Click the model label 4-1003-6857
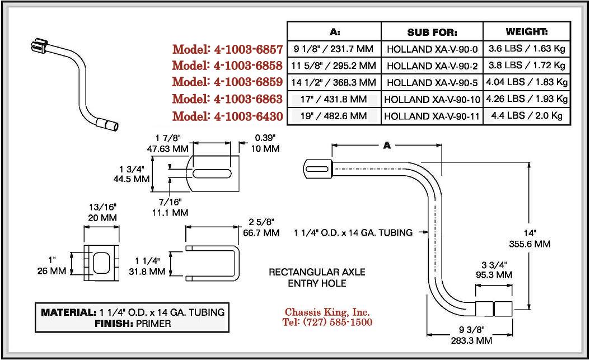(x=227, y=48)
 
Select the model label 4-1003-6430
(x=227, y=116)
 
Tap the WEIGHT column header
(x=527, y=32)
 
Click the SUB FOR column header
(x=432, y=32)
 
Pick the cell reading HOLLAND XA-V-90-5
(x=432, y=82)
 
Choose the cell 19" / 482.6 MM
(x=334, y=116)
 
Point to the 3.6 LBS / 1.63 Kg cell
(x=527, y=49)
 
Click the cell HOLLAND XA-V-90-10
(x=432, y=100)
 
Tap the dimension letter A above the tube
(x=386, y=145)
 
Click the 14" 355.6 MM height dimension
(x=534, y=239)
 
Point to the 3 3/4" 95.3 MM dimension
(x=495, y=270)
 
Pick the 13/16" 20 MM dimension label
(x=101, y=212)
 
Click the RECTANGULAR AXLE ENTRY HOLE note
(x=317, y=278)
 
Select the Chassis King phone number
(x=327, y=322)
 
